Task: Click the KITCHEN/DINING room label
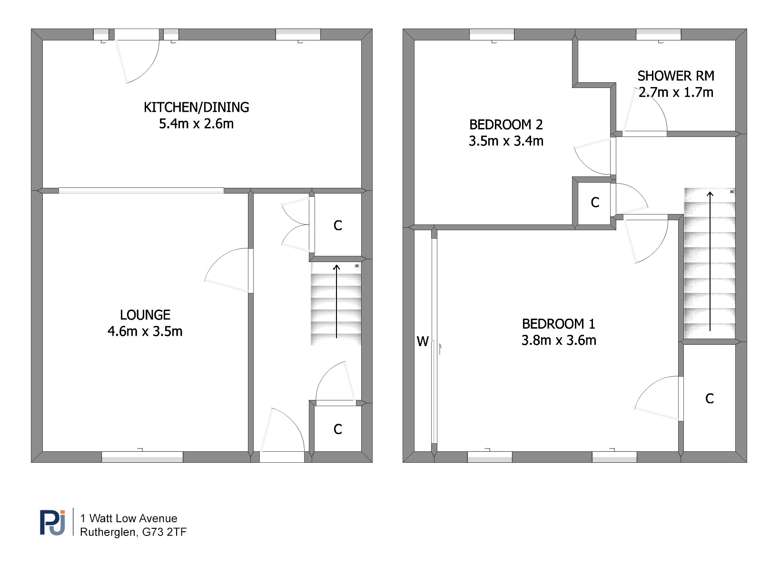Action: tap(197, 107)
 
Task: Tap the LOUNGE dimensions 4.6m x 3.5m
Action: tap(145, 331)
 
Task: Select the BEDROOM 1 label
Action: tap(559, 324)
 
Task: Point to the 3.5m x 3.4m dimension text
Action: tap(506, 141)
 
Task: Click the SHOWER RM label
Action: tap(675, 76)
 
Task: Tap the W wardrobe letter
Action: tap(423, 341)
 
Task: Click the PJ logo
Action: tap(52, 523)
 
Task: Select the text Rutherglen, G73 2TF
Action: tap(133, 532)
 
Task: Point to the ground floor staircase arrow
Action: tap(336, 302)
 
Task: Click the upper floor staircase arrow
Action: tap(710, 261)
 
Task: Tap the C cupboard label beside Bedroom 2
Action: tap(595, 203)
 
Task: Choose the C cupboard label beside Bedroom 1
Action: tap(710, 399)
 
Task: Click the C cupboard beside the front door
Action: tap(338, 429)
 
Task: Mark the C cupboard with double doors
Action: tap(338, 225)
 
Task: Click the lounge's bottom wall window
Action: tap(142, 457)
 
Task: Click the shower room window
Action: tap(659, 34)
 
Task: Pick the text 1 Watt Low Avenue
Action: tap(129, 518)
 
